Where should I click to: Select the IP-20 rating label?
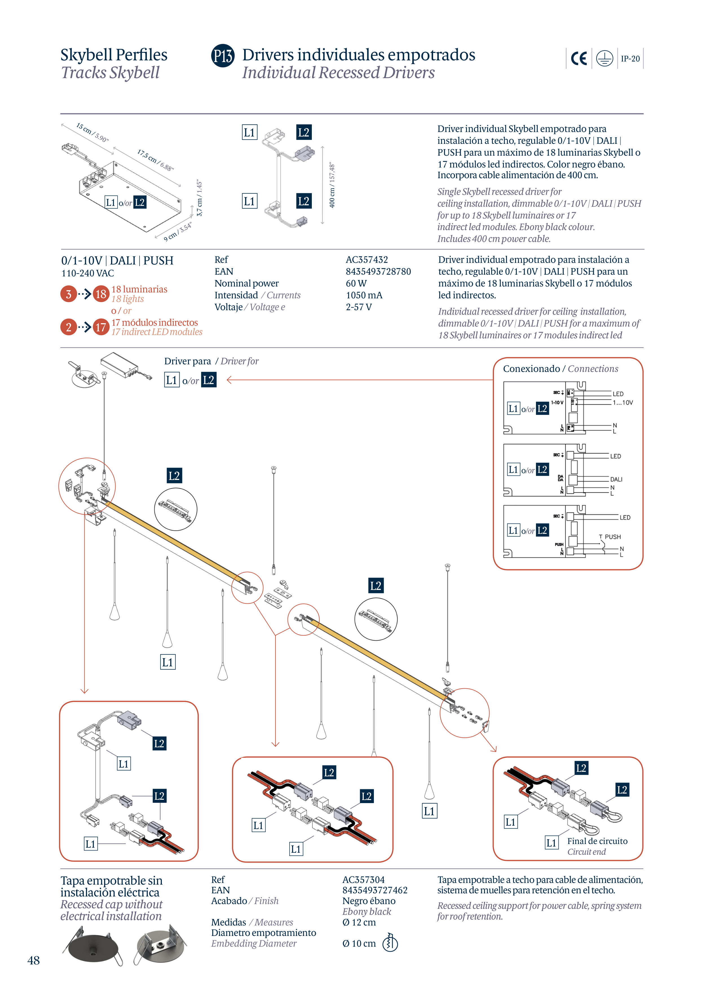click(630, 59)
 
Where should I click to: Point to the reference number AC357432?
click(367, 260)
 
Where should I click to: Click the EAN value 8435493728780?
click(378, 272)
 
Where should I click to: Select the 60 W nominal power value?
click(356, 283)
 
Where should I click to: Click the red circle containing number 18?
click(101, 294)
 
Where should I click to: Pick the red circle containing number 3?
click(69, 294)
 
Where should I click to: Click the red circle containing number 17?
click(101, 327)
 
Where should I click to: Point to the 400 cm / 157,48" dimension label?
click(332, 186)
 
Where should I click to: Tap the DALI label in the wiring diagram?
click(616, 479)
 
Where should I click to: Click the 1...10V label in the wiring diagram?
click(623, 403)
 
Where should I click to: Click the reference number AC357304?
click(363, 880)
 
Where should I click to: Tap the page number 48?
click(33, 960)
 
